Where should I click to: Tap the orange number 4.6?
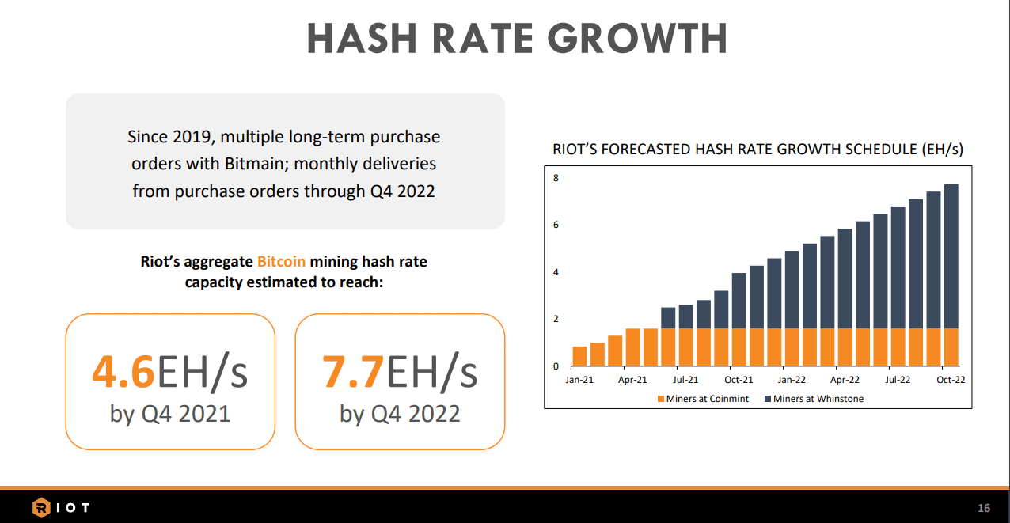point(123,373)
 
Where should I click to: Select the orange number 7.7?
point(353,373)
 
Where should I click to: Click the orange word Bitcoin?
point(281,261)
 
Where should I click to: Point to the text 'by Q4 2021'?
point(170,413)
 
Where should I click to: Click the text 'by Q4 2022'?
point(400,413)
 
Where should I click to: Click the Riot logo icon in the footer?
point(41,507)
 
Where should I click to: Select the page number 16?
point(984,508)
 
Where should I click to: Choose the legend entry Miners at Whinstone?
point(818,399)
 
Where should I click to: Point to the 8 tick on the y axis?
point(556,179)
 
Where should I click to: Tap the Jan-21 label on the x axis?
point(579,380)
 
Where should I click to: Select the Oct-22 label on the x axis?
point(951,380)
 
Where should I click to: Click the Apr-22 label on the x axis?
point(845,380)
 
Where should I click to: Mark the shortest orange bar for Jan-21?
point(579,357)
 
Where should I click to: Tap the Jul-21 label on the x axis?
point(685,380)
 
